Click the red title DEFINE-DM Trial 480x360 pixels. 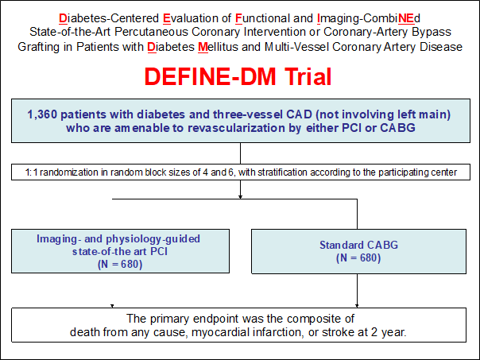coord(238,76)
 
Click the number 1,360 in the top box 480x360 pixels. coord(42,114)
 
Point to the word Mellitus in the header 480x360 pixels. coord(218,47)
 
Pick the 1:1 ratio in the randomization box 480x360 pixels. coord(31,172)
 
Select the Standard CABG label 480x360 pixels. coord(358,245)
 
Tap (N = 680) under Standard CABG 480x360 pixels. coord(358,257)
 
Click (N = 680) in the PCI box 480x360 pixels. coord(120,264)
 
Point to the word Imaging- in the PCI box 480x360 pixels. coord(57,239)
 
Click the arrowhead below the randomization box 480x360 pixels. coord(240,197)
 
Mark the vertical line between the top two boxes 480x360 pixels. coord(240,153)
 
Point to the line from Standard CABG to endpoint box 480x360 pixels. coord(357,290)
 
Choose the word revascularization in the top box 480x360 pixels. coord(236,128)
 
